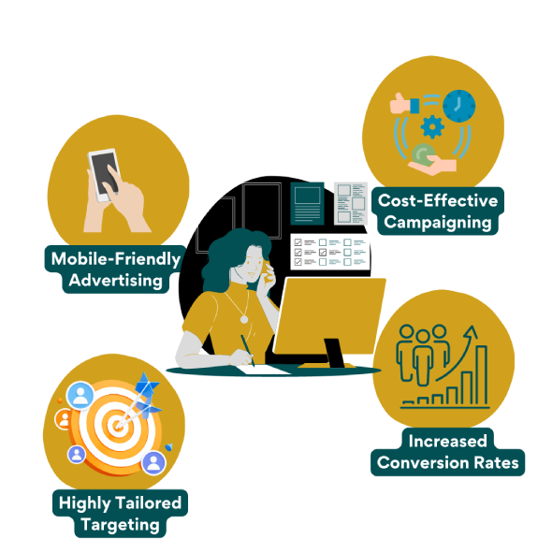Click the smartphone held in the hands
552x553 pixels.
[x=104, y=175]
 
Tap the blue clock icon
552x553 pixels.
[x=458, y=106]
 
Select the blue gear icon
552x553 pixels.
[x=432, y=126]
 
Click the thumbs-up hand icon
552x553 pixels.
[x=404, y=103]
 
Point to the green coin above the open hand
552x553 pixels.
[x=424, y=154]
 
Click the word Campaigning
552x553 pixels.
[x=438, y=223]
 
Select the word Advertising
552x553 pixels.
[x=115, y=281]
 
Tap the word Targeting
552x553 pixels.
[x=121, y=525]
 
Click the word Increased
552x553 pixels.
[x=447, y=441]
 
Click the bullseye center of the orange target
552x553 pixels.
[x=117, y=426]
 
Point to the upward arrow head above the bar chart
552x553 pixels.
[x=471, y=331]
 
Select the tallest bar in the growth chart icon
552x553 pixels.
[x=482, y=375]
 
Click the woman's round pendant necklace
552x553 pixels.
[x=244, y=319]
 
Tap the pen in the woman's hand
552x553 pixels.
[x=247, y=350]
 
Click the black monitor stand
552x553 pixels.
[x=333, y=353]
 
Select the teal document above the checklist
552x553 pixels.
[x=307, y=203]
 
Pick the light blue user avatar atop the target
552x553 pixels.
[x=80, y=395]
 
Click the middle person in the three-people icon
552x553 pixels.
[x=423, y=357]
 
